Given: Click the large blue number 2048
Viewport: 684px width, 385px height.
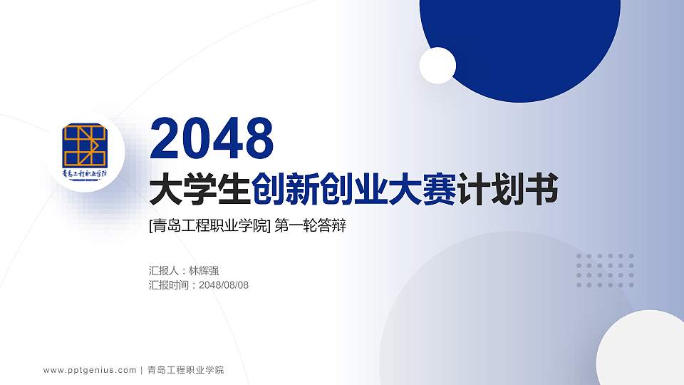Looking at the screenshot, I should tap(212, 138).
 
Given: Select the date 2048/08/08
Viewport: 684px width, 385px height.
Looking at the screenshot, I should tap(224, 285).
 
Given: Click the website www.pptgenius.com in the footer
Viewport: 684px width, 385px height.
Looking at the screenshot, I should tap(90, 370).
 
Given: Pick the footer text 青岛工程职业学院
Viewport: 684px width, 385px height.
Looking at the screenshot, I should tap(185, 370).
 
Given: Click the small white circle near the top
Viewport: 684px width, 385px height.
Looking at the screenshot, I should tap(437, 66).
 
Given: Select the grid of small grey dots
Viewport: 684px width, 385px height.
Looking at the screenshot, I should tap(605, 270).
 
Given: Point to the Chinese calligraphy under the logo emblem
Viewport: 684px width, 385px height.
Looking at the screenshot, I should tap(85, 173).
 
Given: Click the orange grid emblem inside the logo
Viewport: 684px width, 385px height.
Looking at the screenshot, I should tap(84, 145).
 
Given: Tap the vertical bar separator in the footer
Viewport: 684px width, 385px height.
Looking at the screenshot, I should tap(142, 370).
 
